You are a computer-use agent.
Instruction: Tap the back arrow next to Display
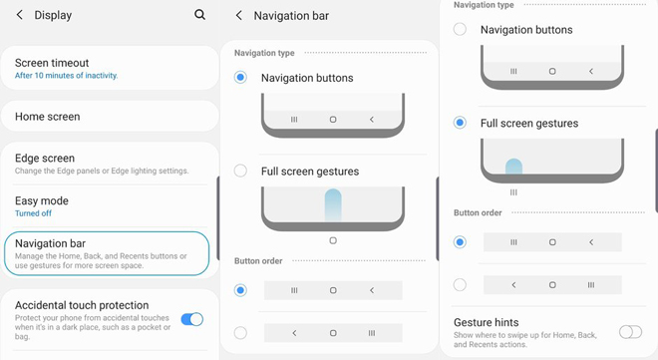coord(19,15)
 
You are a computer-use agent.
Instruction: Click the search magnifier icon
coord(199,15)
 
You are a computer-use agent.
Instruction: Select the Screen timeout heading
coord(52,63)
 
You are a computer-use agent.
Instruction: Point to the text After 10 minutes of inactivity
coord(67,76)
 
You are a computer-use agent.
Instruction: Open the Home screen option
coord(48,117)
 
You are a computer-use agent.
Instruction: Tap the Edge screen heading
coord(45,159)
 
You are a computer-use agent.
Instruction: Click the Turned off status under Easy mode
coord(33,213)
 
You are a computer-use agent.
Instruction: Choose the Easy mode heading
coord(42,200)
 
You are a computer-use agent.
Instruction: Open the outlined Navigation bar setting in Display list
coord(107,253)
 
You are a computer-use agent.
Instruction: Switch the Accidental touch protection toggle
coord(192,319)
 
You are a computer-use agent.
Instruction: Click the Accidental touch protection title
coord(82,305)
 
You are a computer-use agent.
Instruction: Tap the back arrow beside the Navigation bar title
coord(239,16)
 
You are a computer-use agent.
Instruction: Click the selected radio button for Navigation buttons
coord(240,78)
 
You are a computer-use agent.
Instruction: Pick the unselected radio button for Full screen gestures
coord(240,171)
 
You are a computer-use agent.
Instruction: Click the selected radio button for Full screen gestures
coord(460,123)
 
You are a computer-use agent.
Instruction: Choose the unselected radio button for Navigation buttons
coord(460,29)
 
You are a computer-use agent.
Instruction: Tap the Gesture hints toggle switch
coord(630,332)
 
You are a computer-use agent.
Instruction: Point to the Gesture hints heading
coord(486,322)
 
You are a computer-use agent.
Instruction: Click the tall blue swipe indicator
coord(333,204)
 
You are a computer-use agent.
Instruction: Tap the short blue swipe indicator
coord(513,167)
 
